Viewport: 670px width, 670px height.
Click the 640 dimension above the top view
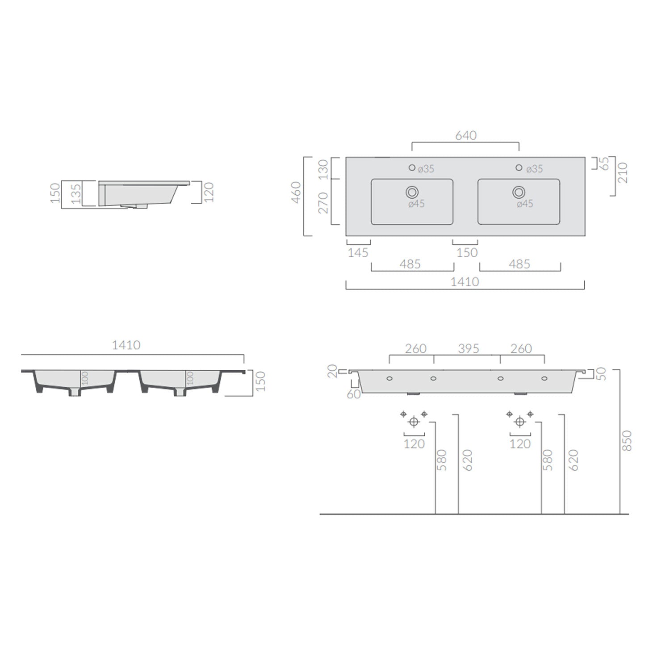[x=466, y=135]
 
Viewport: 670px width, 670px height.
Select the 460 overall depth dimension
[x=296, y=193]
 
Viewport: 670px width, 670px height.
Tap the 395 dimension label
[x=468, y=348]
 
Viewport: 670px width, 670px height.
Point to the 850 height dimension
[x=627, y=440]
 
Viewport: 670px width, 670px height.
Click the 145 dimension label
[x=358, y=253]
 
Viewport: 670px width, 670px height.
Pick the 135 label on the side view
[x=76, y=193]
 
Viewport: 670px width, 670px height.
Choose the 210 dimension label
[x=623, y=173]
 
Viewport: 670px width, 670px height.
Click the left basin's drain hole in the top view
[x=412, y=192]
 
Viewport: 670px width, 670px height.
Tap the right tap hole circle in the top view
[x=519, y=167]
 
